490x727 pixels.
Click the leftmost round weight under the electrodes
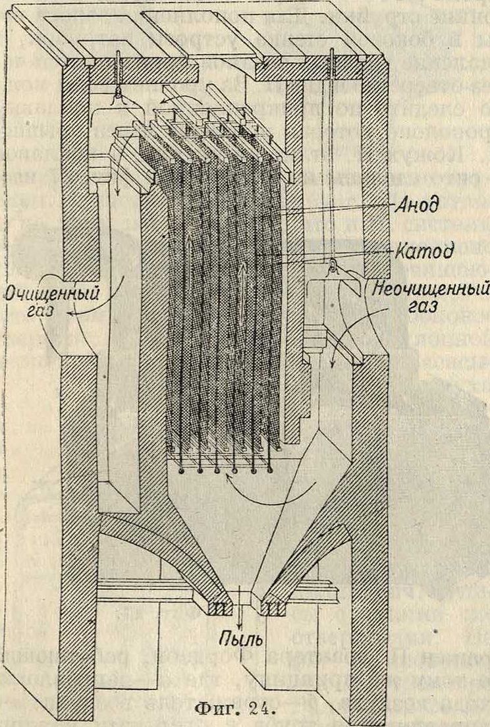coord(181,470)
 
